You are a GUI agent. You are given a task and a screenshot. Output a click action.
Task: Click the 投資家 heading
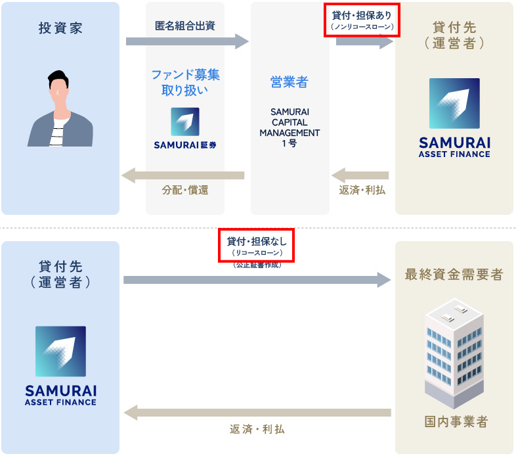click(60, 28)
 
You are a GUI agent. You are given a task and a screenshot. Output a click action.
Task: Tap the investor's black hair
click(58, 78)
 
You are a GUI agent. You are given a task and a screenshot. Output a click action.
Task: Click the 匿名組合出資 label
click(185, 26)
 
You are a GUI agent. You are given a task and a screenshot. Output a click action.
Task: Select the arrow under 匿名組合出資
click(187, 41)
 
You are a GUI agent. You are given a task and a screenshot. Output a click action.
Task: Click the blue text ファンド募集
click(186, 75)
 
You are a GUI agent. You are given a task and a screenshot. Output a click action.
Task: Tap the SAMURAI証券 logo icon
click(185, 122)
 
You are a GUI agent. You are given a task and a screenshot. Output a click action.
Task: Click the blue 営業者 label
click(290, 82)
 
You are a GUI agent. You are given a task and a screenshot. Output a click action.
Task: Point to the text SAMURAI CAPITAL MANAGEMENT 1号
click(290, 127)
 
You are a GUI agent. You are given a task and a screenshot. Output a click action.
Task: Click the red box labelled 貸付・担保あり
click(362, 20)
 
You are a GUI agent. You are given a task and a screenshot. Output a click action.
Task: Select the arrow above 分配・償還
click(183, 175)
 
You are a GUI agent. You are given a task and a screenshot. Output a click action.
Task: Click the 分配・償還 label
click(185, 190)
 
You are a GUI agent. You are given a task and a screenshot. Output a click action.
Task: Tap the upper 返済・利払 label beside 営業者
click(362, 190)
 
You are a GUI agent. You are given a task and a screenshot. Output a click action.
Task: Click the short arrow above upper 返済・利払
click(360, 175)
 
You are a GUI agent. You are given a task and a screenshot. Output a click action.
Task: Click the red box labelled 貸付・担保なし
click(256, 246)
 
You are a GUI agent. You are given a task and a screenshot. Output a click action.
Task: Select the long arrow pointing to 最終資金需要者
click(257, 280)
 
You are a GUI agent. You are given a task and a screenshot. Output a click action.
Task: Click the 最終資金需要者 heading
click(454, 275)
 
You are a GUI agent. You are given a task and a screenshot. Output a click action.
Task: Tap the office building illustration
click(454, 353)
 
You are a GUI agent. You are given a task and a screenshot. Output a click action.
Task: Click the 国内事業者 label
click(456, 421)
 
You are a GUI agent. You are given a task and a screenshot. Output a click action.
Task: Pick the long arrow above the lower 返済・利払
click(257, 413)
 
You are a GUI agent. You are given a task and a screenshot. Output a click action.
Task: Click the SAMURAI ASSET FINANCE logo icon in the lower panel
click(60, 352)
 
